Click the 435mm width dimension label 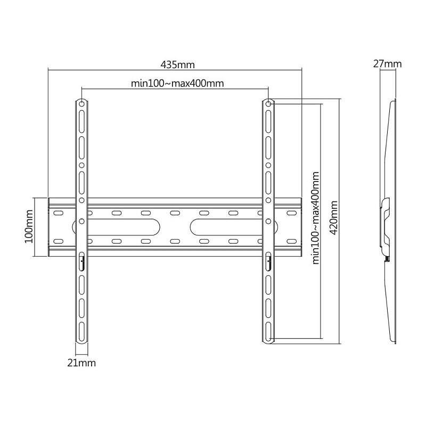(x=178, y=64)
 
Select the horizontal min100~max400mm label (x=177, y=83)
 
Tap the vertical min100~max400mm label (x=315, y=218)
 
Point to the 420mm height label (x=334, y=217)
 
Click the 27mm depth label (x=387, y=64)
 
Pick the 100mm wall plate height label (x=29, y=226)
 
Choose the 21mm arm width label (x=81, y=363)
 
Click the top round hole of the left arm (x=81, y=104)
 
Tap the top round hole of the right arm (x=268, y=104)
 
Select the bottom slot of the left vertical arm (x=81, y=332)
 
